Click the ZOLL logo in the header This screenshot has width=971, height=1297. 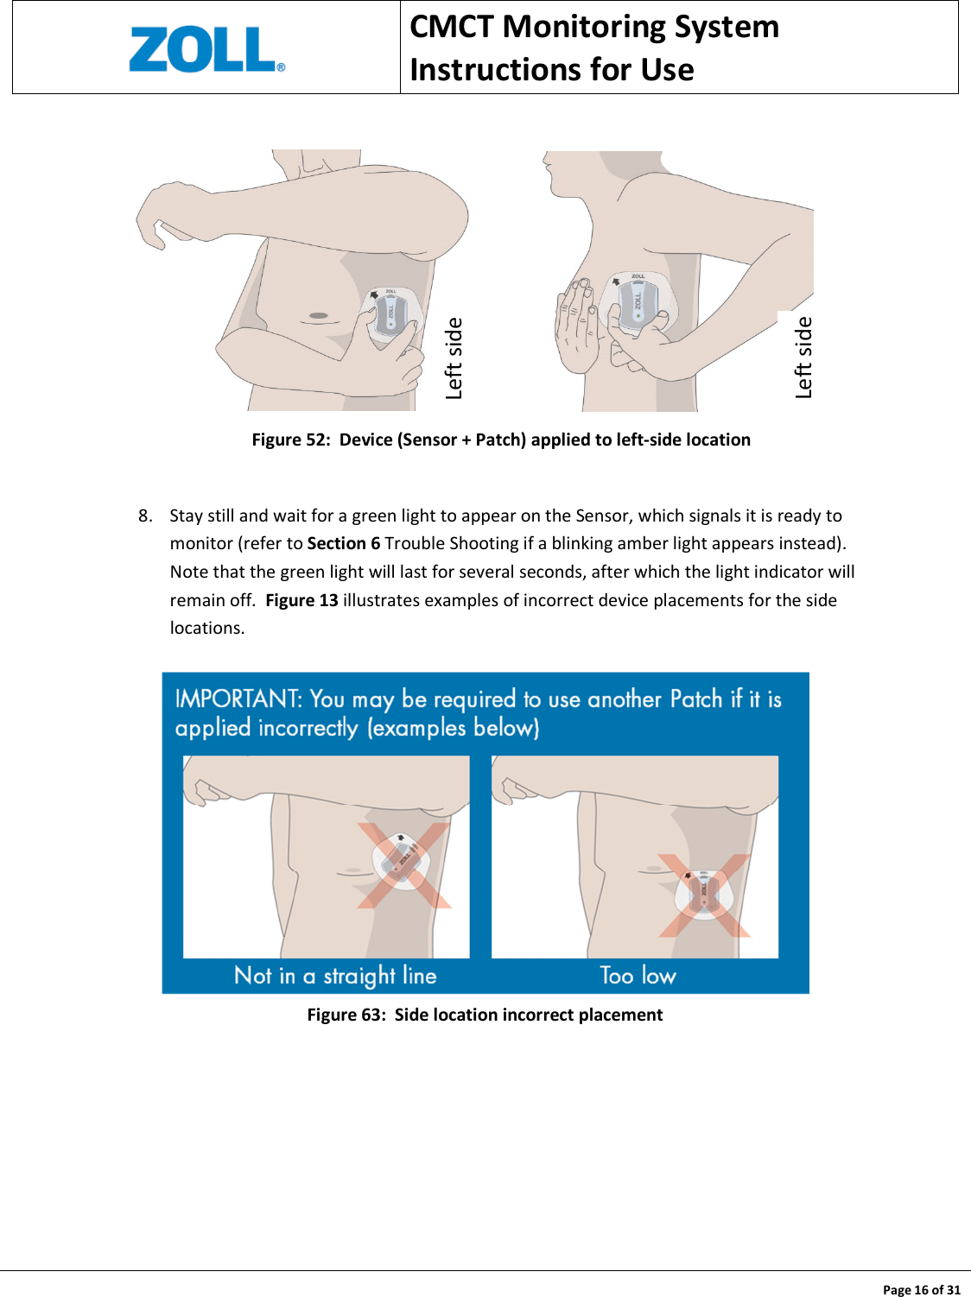pyautogui.click(x=206, y=49)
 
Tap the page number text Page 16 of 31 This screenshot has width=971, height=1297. pyautogui.click(x=921, y=1289)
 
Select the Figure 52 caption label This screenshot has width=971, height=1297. pyautogui.click(x=290, y=440)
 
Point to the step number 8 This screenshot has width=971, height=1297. pyautogui.click(x=144, y=516)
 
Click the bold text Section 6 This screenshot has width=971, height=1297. pyautogui.click(x=343, y=543)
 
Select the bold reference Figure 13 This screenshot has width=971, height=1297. pyautogui.click(x=301, y=600)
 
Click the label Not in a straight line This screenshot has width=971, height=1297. pyautogui.click(x=335, y=976)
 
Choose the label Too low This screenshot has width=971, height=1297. pyautogui.click(x=638, y=976)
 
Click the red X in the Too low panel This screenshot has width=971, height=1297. pyautogui.click(x=704, y=895)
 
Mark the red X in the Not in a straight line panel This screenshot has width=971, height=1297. pyautogui.click(x=404, y=864)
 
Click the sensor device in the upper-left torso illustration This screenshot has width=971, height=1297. pyautogui.click(x=390, y=315)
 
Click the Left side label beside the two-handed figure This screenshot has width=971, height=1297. pyautogui.click(x=803, y=357)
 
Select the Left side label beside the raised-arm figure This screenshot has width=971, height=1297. pyautogui.click(x=454, y=358)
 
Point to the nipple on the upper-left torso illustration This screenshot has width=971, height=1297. pyautogui.click(x=319, y=315)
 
